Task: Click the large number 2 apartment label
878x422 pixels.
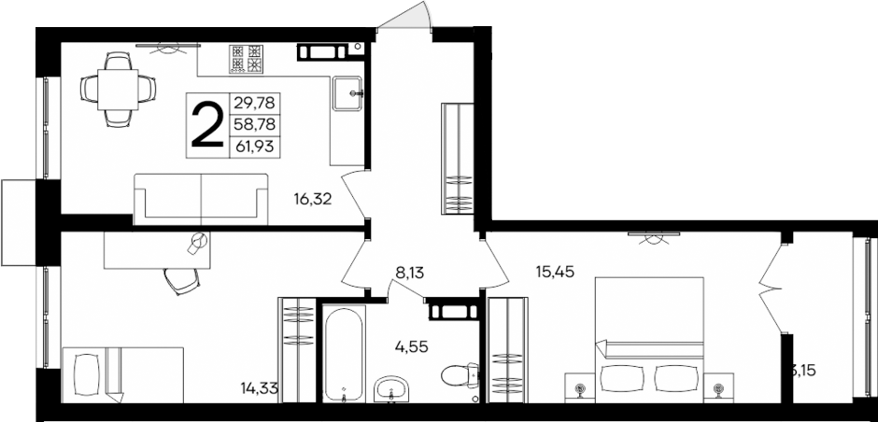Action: point(206,125)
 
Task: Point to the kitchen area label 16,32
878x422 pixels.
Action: point(314,198)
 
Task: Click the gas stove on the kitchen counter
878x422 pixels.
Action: point(248,60)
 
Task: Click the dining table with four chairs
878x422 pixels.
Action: point(118,89)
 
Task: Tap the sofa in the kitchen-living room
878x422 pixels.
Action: point(201,198)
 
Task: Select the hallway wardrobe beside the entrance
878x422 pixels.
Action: point(457,160)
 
